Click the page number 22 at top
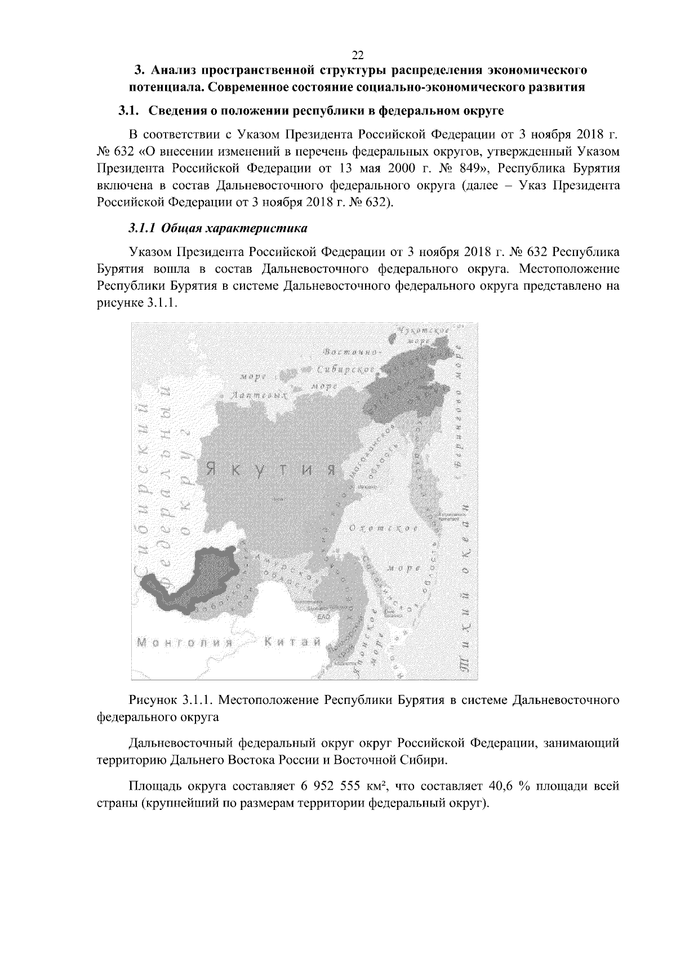[x=358, y=55]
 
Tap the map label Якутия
[x=270, y=469]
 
